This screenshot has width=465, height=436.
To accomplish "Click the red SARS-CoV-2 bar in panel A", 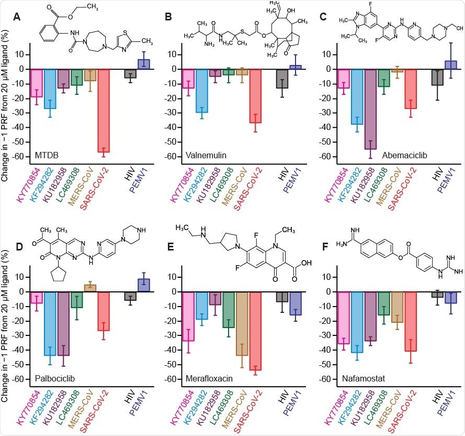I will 104,110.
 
